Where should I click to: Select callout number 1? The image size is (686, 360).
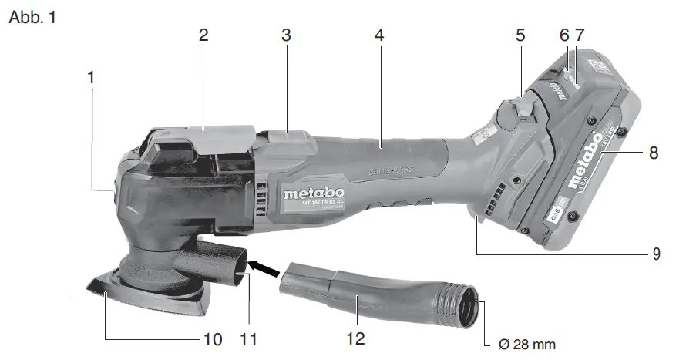pyautogui.click(x=92, y=78)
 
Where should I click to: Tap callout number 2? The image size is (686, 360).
pyautogui.click(x=203, y=35)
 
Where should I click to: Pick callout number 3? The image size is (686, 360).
pyautogui.click(x=286, y=35)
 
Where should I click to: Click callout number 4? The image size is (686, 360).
pyautogui.click(x=378, y=35)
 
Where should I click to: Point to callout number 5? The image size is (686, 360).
pyautogui.click(x=521, y=35)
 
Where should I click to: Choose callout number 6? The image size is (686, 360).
pyautogui.click(x=564, y=35)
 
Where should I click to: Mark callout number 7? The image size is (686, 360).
pyautogui.click(x=580, y=35)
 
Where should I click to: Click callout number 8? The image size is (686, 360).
pyautogui.click(x=654, y=153)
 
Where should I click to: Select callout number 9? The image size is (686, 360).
pyautogui.click(x=656, y=252)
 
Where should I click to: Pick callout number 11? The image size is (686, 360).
pyautogui.click(x=247, y=338)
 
